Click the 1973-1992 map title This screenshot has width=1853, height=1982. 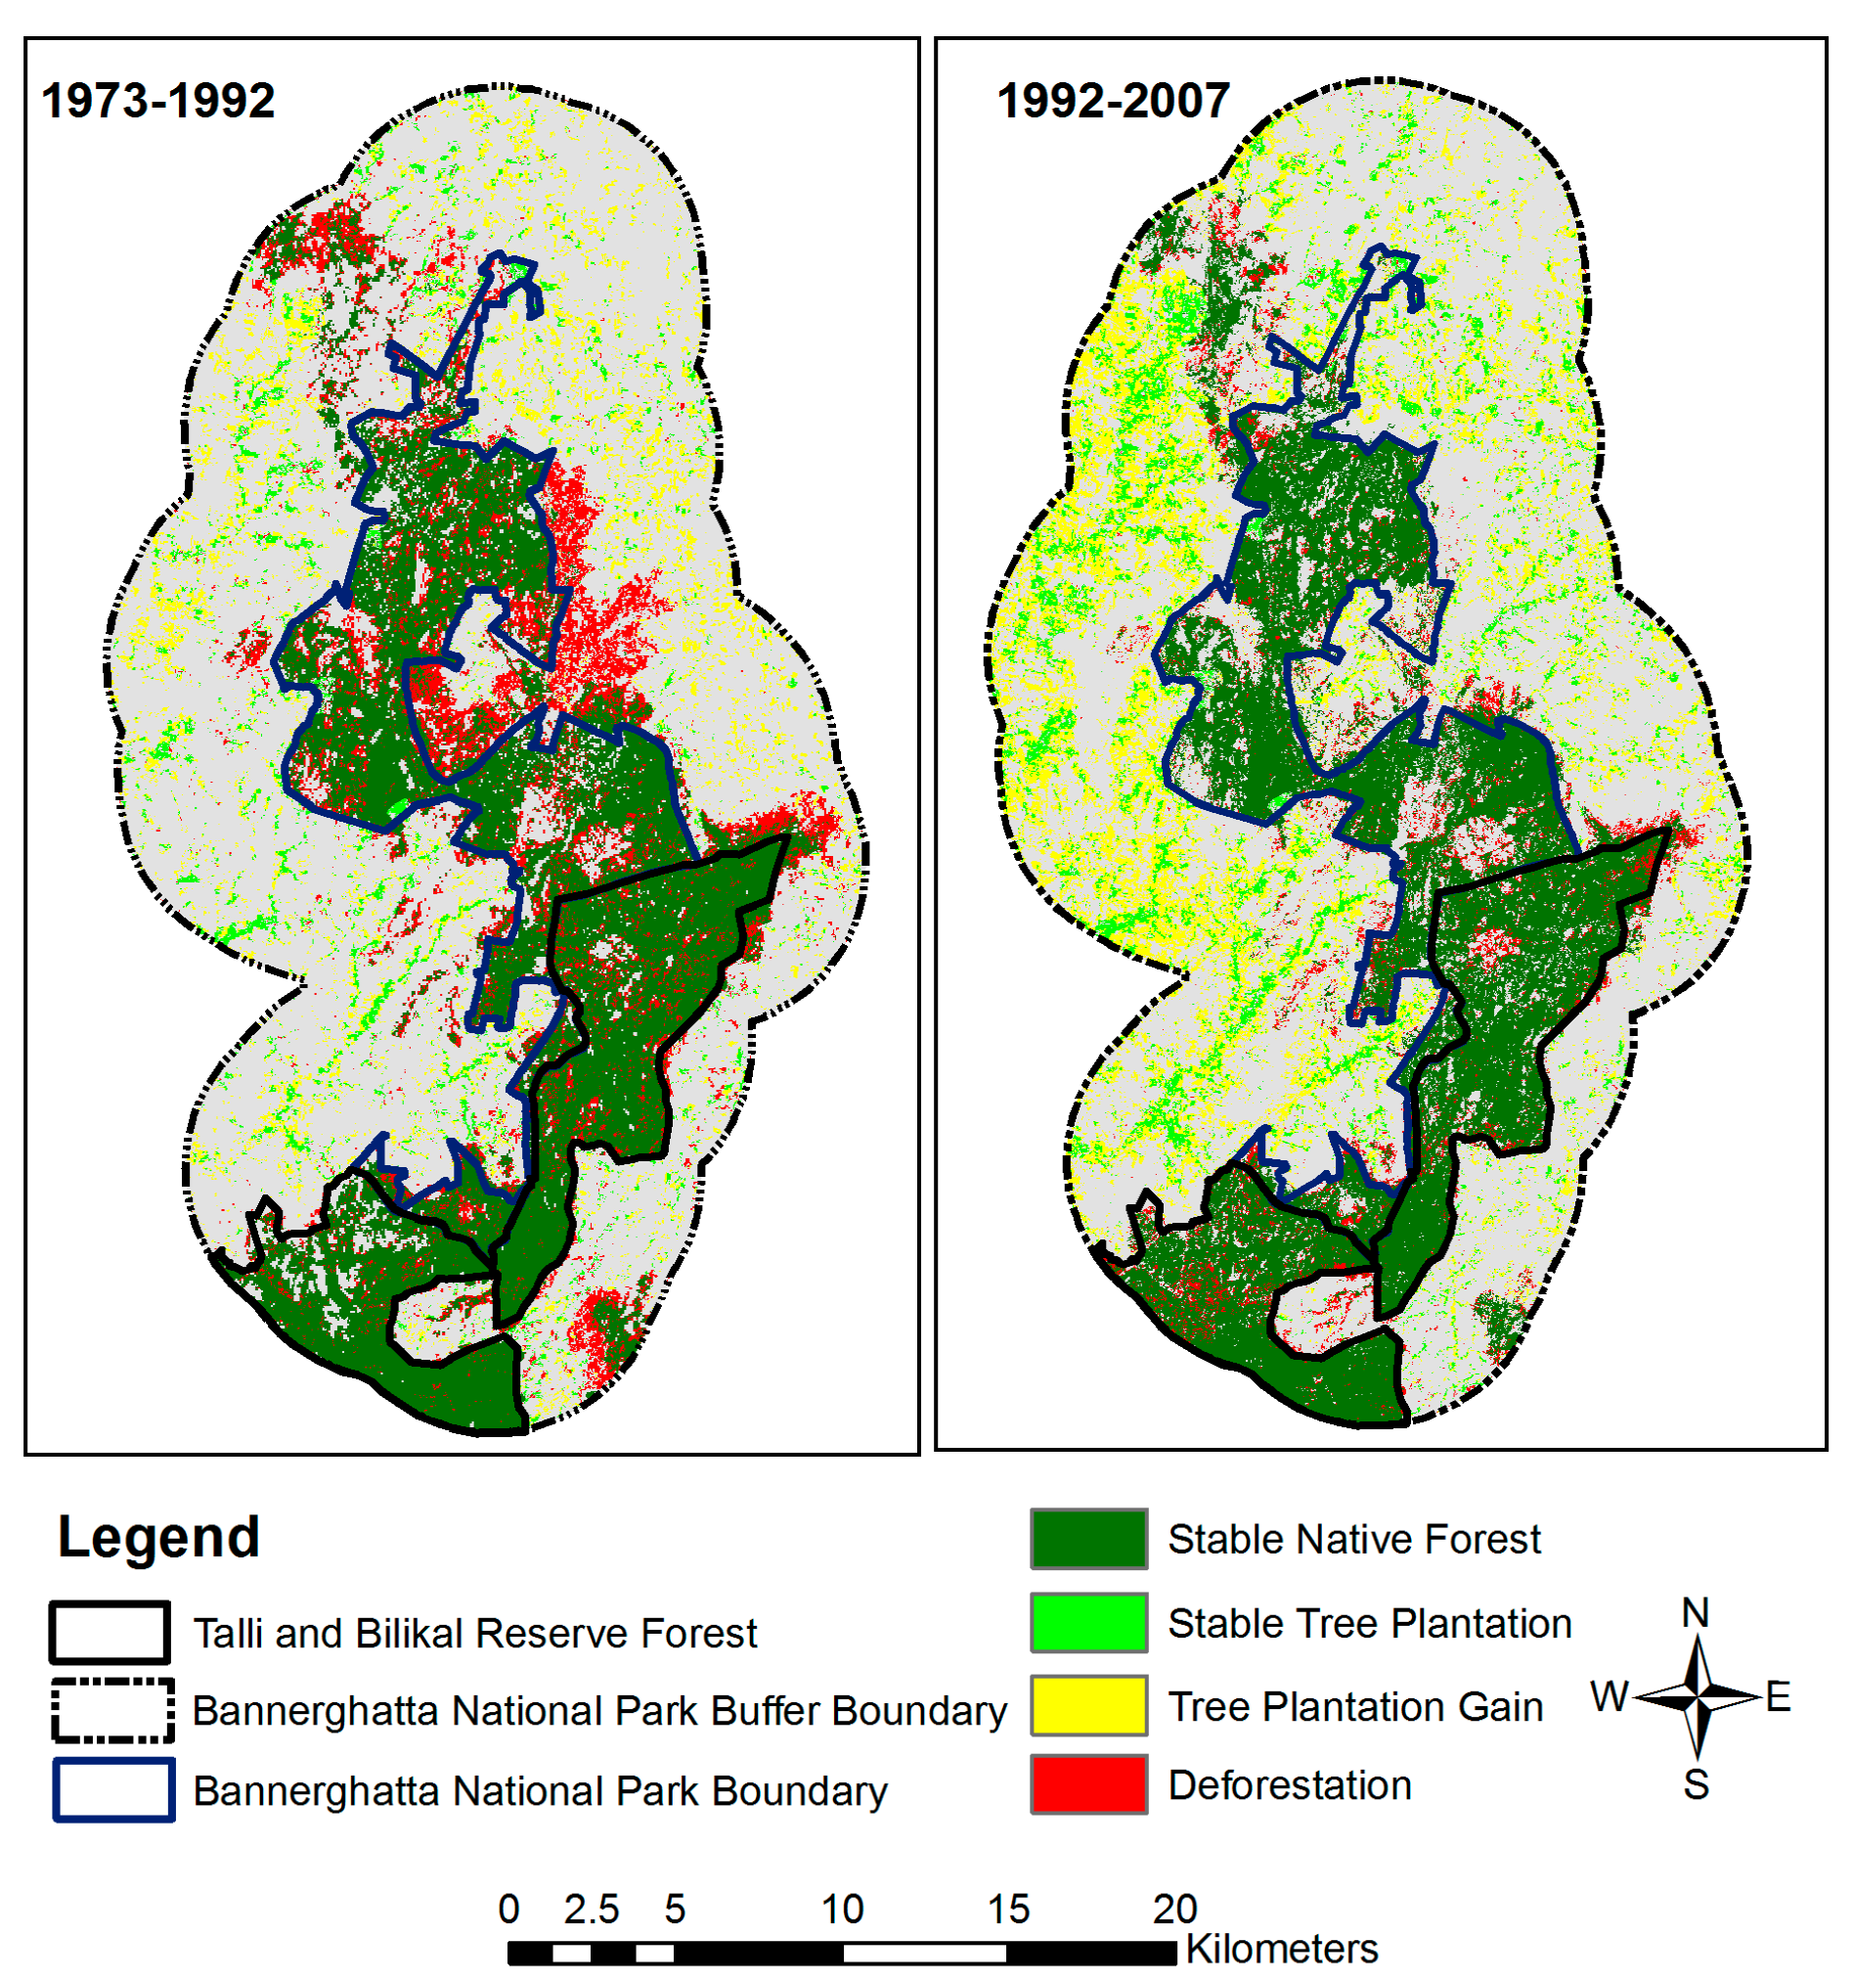[x=157, y=101]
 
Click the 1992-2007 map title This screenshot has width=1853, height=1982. [x=1113, y=101]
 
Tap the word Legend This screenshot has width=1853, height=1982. [x=158, y=1536]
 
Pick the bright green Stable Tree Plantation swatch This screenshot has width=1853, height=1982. [x=1088, y=1623]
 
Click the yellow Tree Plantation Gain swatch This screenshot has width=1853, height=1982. [x=1088, y=1706]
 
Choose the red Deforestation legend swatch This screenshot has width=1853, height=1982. [x=1088, y=1784]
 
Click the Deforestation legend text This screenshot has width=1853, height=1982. [x=1289, y=1785]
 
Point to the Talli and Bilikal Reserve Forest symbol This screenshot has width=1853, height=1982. [x=110, y=1633]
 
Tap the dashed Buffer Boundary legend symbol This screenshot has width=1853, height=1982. [x=112, y=1711]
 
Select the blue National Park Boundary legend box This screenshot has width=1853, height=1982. [x=113, y=1790]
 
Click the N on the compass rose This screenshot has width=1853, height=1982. [x=1695, y=1613]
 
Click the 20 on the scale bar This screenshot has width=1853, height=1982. [x=1174, y=1910]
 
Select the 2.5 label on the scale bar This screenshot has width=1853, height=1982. [x=591, y=1910]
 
